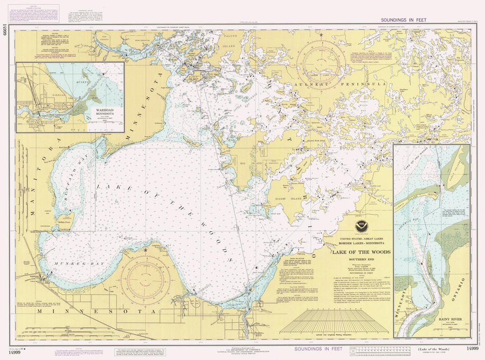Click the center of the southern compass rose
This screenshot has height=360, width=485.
(x=145, y=280)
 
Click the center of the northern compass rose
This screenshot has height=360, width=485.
(x=321, y=64)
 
